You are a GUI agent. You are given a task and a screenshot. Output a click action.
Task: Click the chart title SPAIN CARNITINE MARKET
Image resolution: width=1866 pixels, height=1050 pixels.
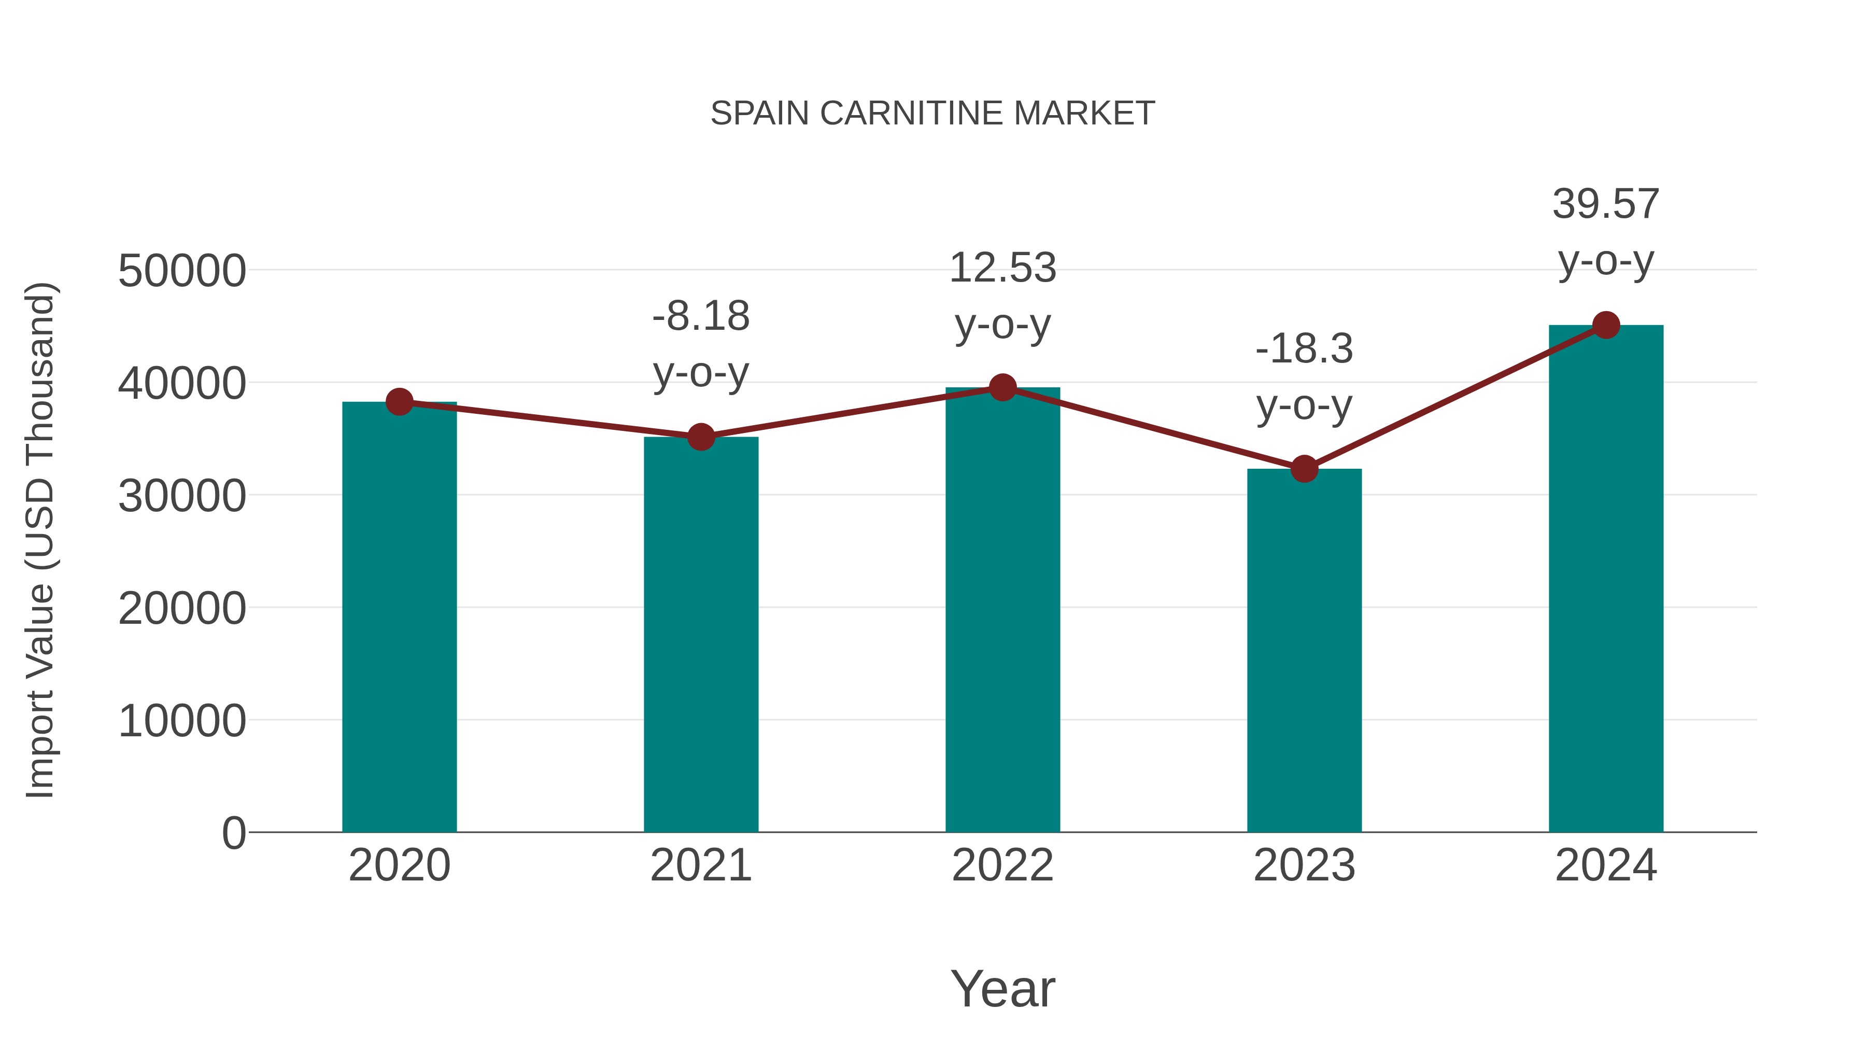932,114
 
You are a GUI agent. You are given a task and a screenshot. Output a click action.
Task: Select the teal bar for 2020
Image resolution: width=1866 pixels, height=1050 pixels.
399,616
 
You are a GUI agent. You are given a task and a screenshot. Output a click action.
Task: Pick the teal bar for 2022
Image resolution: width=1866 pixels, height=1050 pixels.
1002,609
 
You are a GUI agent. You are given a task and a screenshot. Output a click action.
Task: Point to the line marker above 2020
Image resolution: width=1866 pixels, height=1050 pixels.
399,401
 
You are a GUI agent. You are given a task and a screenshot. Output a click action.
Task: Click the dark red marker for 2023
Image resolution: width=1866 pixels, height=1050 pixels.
1304,469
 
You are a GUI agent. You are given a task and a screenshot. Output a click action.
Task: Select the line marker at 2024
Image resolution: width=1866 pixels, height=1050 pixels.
1606,325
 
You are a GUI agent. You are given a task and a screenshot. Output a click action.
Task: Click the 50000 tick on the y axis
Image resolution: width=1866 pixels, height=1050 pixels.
182,271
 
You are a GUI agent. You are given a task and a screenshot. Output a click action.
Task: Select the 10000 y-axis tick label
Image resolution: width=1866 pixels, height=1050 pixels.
182,721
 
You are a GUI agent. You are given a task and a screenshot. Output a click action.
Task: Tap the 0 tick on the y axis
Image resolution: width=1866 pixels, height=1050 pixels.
233,833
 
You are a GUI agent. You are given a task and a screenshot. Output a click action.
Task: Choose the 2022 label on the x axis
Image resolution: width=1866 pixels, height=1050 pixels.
1002,865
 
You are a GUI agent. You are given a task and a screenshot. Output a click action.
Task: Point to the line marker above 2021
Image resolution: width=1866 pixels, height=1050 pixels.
700,437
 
